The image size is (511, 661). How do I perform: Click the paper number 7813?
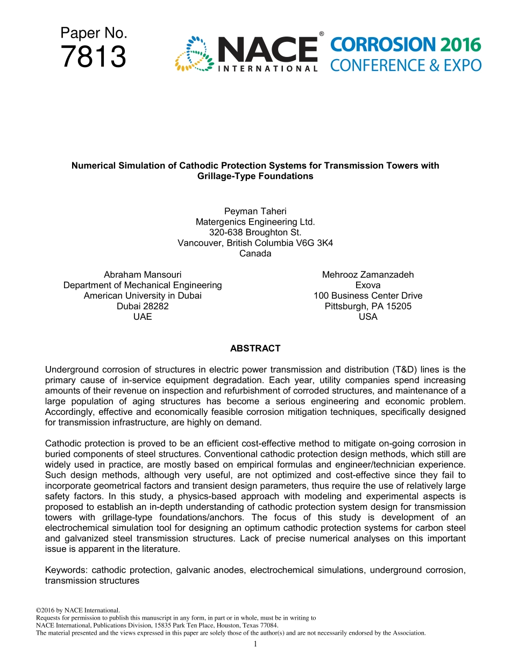tap(94, 58)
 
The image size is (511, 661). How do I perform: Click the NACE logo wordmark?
tap(267, 50)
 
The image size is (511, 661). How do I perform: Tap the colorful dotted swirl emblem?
tap(192, 54)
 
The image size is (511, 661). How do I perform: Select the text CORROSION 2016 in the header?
tap(406, 45)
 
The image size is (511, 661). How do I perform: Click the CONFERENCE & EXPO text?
tap(406, 66)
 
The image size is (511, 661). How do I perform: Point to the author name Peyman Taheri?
tap(255, 211)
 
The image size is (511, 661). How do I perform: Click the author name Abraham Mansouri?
tap(143, 275)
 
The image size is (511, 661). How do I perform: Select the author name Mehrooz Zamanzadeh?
tap(368, 275)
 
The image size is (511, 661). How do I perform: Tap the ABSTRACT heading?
tap(255, 348)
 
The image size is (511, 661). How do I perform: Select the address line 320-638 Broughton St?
tap(255, 232)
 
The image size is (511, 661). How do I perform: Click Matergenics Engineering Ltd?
tap(255, 221)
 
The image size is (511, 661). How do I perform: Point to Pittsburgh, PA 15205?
tap(368, 306)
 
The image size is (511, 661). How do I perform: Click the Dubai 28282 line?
tap(143, 306)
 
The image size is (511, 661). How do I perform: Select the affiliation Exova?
tap(368, 285)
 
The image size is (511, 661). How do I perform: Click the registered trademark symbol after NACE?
tap(321, 34)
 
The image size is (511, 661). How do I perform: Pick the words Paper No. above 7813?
tap(94, 33)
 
